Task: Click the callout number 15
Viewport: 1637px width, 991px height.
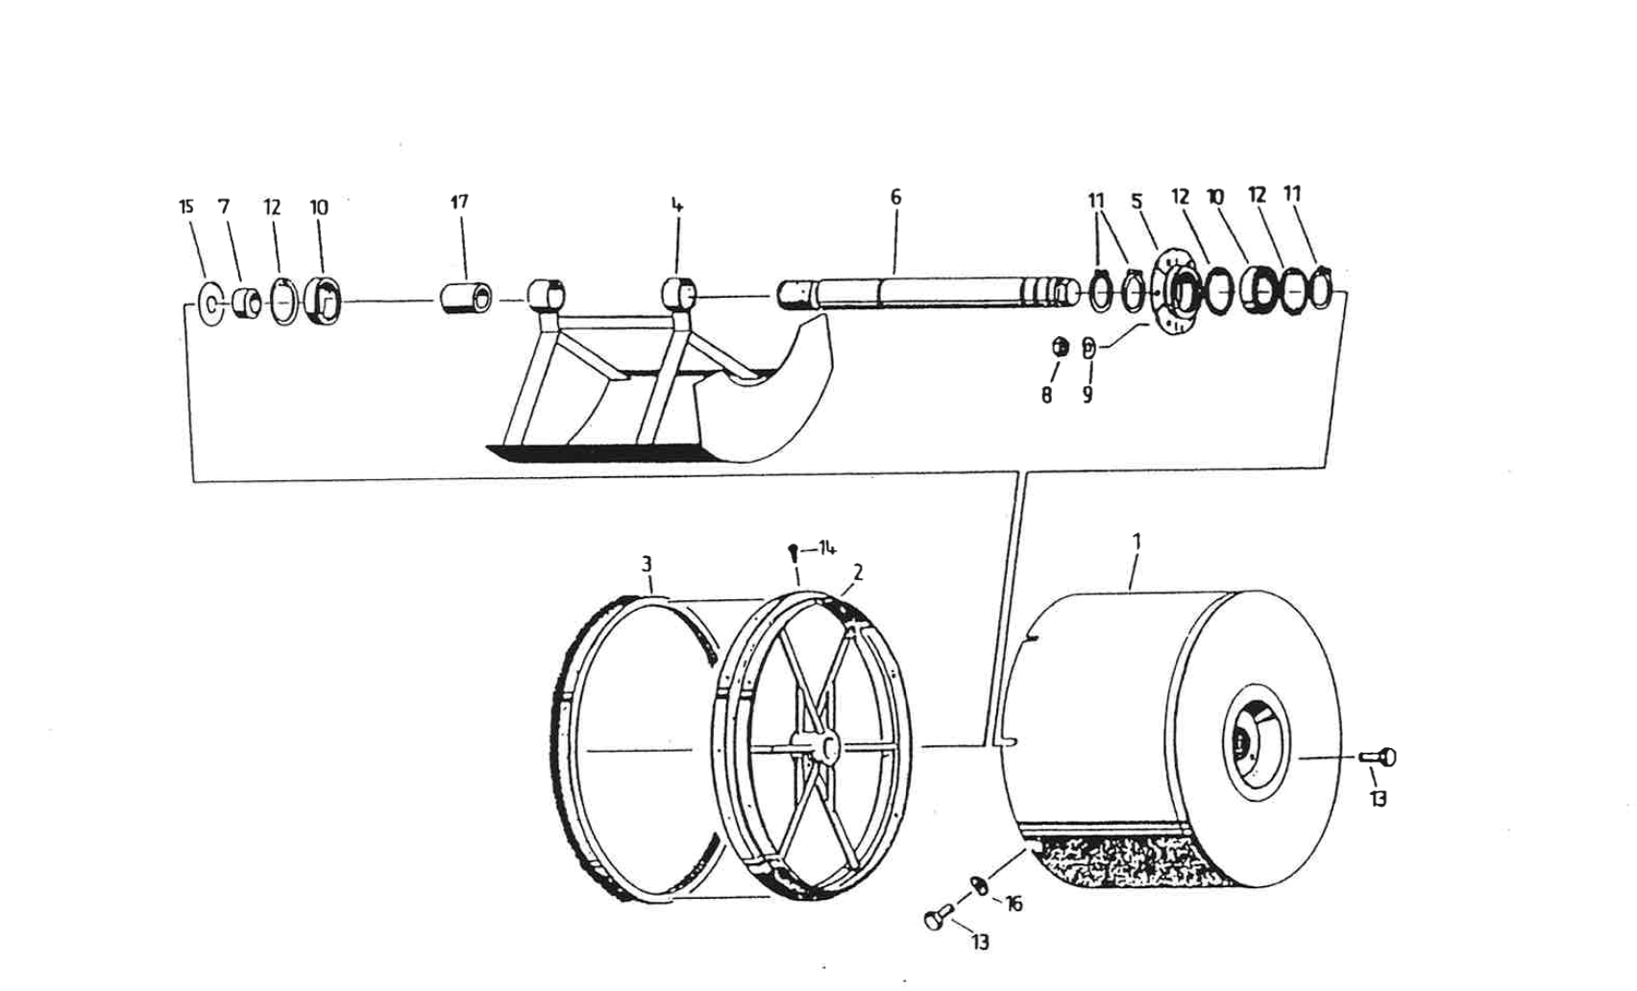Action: [186, 206]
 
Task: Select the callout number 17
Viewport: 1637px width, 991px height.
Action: [459, 202]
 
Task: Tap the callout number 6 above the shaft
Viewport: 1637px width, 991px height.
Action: [895, 197]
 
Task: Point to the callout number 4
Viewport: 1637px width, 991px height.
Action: [677, 205]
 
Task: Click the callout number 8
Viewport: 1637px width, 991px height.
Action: [1046, 395]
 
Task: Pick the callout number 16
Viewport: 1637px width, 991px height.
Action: [1014, 904]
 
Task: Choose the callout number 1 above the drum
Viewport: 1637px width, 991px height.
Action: [1136, 542]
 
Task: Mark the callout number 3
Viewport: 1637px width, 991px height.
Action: [647, 563]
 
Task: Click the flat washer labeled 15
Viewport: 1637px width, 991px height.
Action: [209, 305]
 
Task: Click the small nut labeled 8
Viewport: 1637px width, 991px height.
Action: [1061, 348]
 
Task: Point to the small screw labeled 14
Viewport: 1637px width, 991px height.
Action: [794, 553]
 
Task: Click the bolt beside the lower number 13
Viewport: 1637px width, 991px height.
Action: [938, 917]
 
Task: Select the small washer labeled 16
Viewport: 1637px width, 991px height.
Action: [980, 885]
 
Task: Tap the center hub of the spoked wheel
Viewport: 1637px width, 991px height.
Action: [818, 748]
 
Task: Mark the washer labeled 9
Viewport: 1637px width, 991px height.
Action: [1088, 347]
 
